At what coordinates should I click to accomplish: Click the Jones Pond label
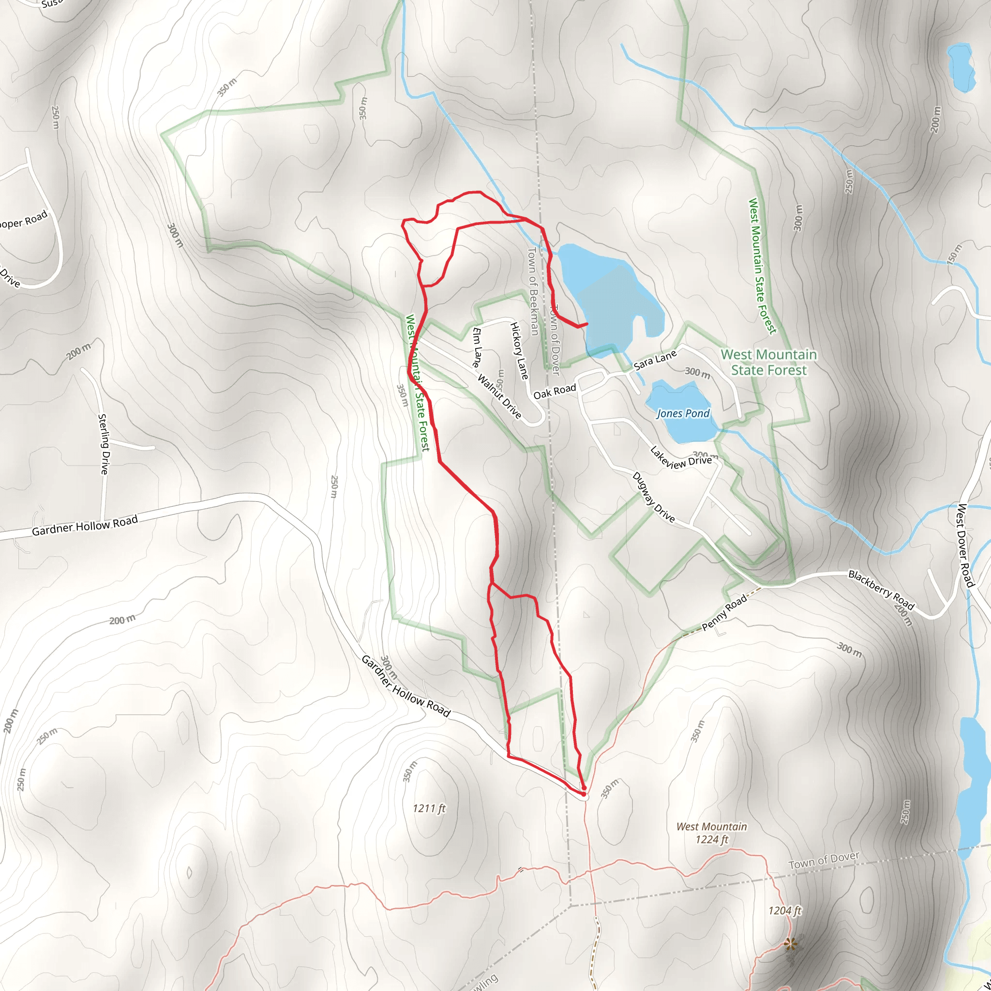[x=683, y=413]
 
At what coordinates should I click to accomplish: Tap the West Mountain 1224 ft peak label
[x=711, y=833]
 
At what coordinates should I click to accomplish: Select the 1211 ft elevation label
[x=429, y=809]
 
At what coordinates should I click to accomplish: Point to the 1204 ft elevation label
[x=784, y=911]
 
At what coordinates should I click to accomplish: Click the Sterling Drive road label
[x=104, y=444]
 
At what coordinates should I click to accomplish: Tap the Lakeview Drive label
[x=681, y=458]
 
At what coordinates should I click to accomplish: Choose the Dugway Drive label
[x=653, y=497]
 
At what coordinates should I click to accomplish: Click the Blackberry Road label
[x=881, y=590]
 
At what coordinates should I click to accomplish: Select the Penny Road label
[x=724, y=613]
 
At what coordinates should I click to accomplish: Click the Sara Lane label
[x=655, y=360]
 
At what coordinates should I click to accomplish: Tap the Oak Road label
[x=555, y=392]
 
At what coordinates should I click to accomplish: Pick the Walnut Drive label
[x=499, y=396]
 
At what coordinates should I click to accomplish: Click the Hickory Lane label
[x=519, y=351]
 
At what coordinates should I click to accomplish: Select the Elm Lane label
[x=477, y=347]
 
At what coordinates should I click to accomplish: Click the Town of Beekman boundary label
[x=533, y=291]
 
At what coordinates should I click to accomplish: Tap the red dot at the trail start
[x=584, y=794]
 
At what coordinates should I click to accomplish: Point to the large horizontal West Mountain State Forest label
[x=768, y=362]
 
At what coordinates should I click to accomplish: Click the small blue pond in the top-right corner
[x=960, y=67]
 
